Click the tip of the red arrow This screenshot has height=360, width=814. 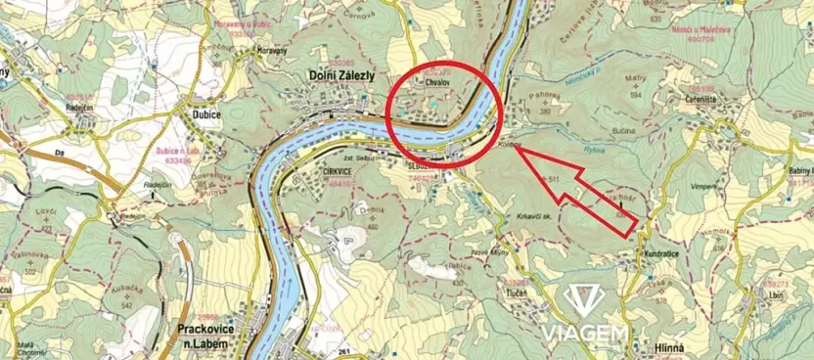(512, 151)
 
